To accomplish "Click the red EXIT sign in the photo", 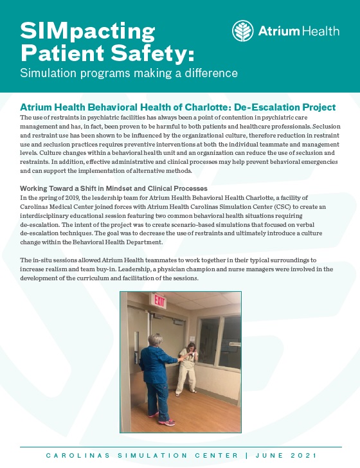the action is click(159, 301).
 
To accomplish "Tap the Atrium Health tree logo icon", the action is click(242, 31).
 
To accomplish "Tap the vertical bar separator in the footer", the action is click(246, 456).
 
